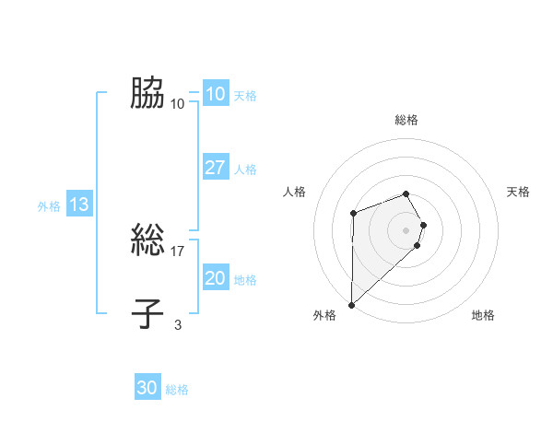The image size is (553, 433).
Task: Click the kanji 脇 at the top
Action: [x=148, y=93]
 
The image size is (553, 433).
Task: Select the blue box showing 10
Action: [x=215, y=93]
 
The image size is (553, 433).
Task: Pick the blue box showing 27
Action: [x=215, y=168]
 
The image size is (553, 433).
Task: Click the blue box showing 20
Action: [x=215, y=278]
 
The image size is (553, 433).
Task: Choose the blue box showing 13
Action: [x=78, y=205]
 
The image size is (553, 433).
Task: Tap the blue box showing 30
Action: [x=147, y=388]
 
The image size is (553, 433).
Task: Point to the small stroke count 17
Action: [x=178, y=251]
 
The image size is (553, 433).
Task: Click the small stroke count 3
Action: [x=178, y=324]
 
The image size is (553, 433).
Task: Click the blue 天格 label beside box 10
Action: [x=245, y=96]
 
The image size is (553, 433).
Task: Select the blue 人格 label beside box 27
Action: [x=245, y=170]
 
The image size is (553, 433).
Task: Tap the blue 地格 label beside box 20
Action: [x=245, y=280]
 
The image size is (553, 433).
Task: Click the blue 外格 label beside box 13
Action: [x=49, y=206]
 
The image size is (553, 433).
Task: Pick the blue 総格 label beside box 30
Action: [x=177, y=390]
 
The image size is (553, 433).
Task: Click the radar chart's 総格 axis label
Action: [x=406, y=120]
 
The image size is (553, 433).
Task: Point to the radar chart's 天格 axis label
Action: [x=519, y=192]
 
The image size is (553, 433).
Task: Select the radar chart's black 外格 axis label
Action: [x=324, y=315]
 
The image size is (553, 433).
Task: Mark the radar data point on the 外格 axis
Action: [x=352, y=304]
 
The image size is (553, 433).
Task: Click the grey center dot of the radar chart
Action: [x=406, y=229]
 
